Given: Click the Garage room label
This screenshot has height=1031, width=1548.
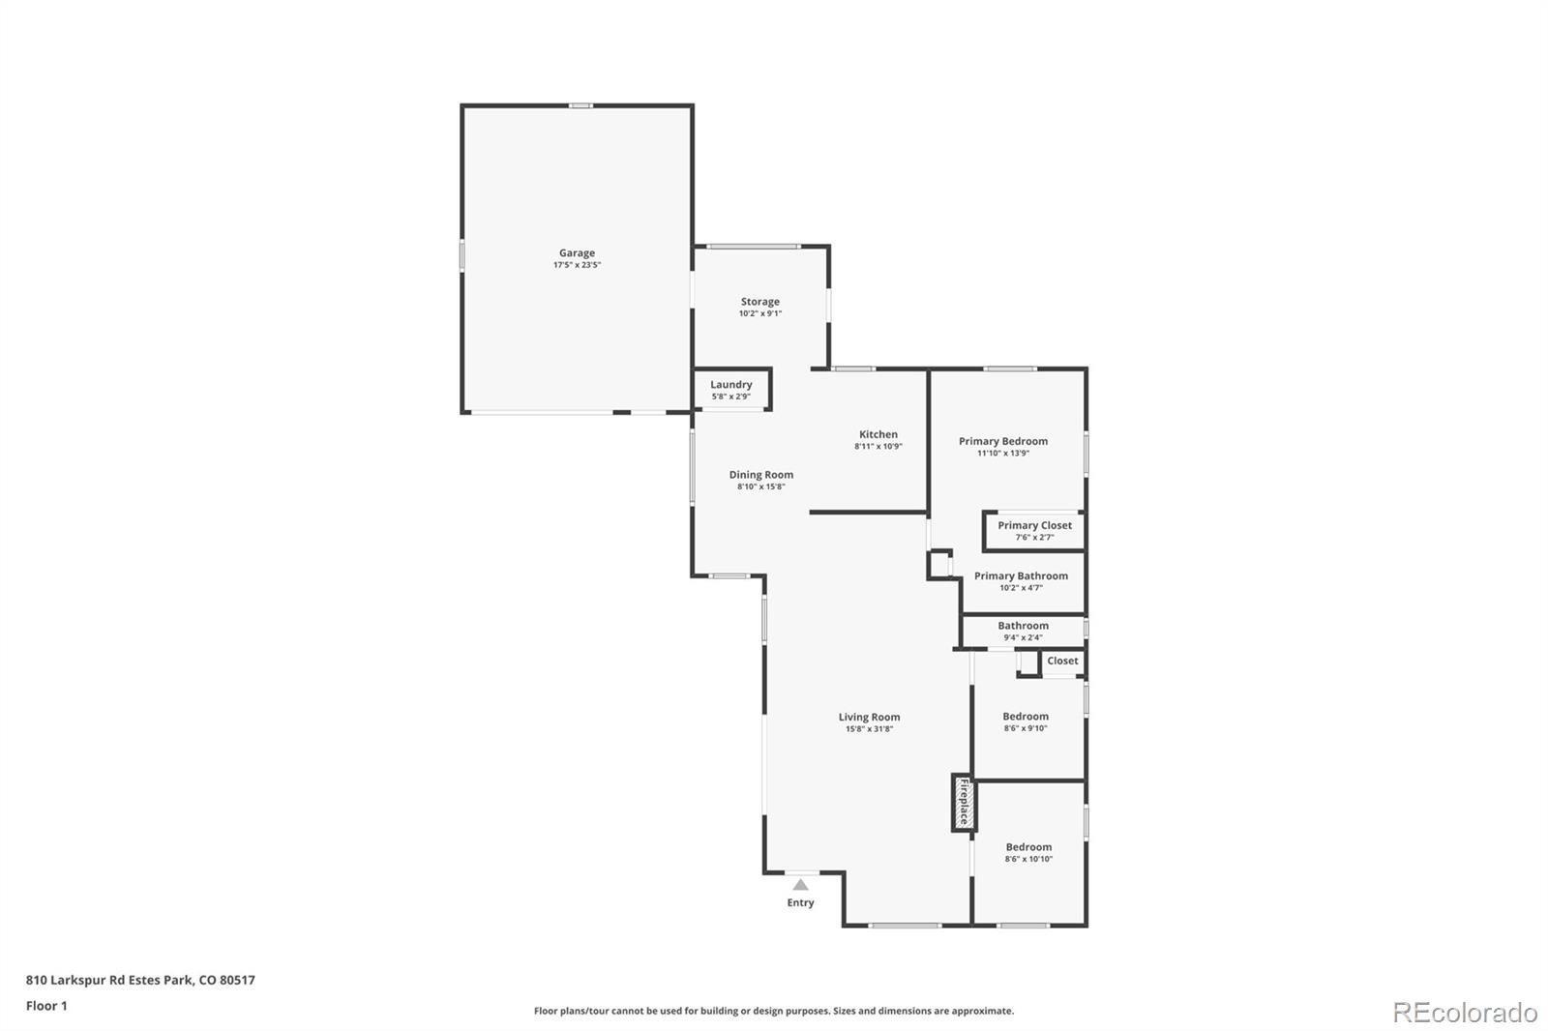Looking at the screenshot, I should pyautogui.click(x=577, y=253).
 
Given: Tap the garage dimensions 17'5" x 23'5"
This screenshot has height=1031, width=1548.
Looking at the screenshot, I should pyautogui.click(x=577, y=265).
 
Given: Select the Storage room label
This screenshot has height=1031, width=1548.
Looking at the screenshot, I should pyautogui.click(x=759, y=302).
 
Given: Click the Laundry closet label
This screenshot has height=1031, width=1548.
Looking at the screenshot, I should pyautogui.click(x=730, y=385).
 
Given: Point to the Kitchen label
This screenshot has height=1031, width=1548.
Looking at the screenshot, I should pyautogui.click(x=878, y=434).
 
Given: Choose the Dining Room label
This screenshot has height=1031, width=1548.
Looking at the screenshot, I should pyautogui.click(x=760, y=475).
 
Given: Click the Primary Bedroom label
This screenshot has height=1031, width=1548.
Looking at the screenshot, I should pyautogui.click(x=1002, y=441).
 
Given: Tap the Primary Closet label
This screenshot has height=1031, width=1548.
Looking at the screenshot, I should pyautogui.click(x=1034, y=525).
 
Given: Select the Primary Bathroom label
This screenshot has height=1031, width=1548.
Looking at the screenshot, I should pyautogui.click(x=1021, y=575).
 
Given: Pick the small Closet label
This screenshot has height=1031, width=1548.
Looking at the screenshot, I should pyautogui.click(x=1061, y=661).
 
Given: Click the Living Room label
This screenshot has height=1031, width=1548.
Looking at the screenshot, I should pyautogui.click(x=869, y=717).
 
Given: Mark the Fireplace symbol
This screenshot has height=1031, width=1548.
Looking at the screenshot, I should pyautogui.click(x=964, y=803).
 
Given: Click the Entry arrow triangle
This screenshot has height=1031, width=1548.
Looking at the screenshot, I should pyautogui.click(x=800, y=884).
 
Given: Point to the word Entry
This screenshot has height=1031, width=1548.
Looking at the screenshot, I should pyautogui.click(x=800, y=902).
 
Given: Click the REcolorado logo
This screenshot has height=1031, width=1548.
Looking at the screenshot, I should pyautogui.click(x=1464, y=1012).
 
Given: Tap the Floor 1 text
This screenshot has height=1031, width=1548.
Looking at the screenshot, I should pyautogui.click(x=46, y=1006).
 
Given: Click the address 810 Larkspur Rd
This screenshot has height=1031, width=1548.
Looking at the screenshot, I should pyautogui.click(x=140, y=980).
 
